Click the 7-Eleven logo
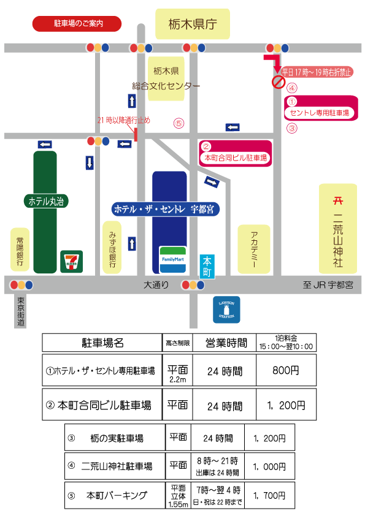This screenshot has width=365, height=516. (72, 262)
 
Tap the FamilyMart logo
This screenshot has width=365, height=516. (172, 260)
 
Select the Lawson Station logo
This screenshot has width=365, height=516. (226, 309)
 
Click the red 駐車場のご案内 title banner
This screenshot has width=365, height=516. (77, 24)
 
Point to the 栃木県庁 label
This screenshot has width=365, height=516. (193, 24)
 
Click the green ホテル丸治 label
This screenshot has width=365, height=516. (46, 201)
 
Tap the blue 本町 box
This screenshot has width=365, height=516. (207, 267)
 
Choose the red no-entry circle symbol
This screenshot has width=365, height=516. (279, 82)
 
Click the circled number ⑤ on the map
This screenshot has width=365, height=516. (179, 123)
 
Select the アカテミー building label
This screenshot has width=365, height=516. (254, 249)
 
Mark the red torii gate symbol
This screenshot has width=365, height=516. (338, 200)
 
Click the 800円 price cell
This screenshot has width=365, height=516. (286, 370)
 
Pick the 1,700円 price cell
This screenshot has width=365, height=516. (269, 495)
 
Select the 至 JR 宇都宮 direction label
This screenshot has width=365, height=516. (328, 285)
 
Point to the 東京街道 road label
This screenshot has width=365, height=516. (20, 312)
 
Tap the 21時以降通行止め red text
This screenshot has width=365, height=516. (123, 121)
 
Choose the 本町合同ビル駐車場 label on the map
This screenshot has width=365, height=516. (236, 158)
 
